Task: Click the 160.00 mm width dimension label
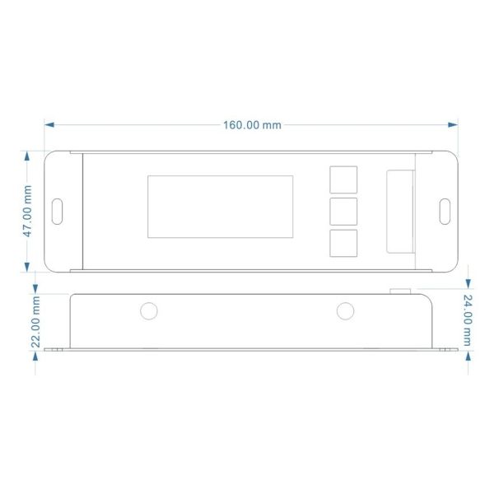[252, 125]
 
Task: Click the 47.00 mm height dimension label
[27, 211]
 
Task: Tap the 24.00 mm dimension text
[468, 320]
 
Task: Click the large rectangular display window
[221, 207]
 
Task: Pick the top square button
[343, 179]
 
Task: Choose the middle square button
[343, 211]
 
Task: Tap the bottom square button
[343, 242]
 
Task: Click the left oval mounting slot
[58, 211]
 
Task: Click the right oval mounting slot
[445, 211]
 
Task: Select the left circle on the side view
[148, 310]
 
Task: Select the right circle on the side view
[344, 310]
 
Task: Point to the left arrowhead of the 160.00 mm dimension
[49, 125]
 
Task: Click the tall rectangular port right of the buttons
[401, 211]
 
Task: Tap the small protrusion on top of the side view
[401, 290]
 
